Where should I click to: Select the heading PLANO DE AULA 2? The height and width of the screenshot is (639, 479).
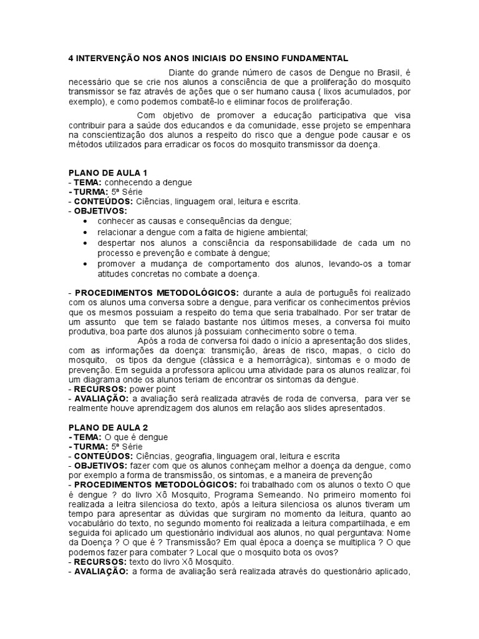tap(107, 427)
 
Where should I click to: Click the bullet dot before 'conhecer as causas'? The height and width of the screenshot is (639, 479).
tap(85, 221)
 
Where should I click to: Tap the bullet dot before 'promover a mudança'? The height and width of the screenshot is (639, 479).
tap(85, 264)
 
